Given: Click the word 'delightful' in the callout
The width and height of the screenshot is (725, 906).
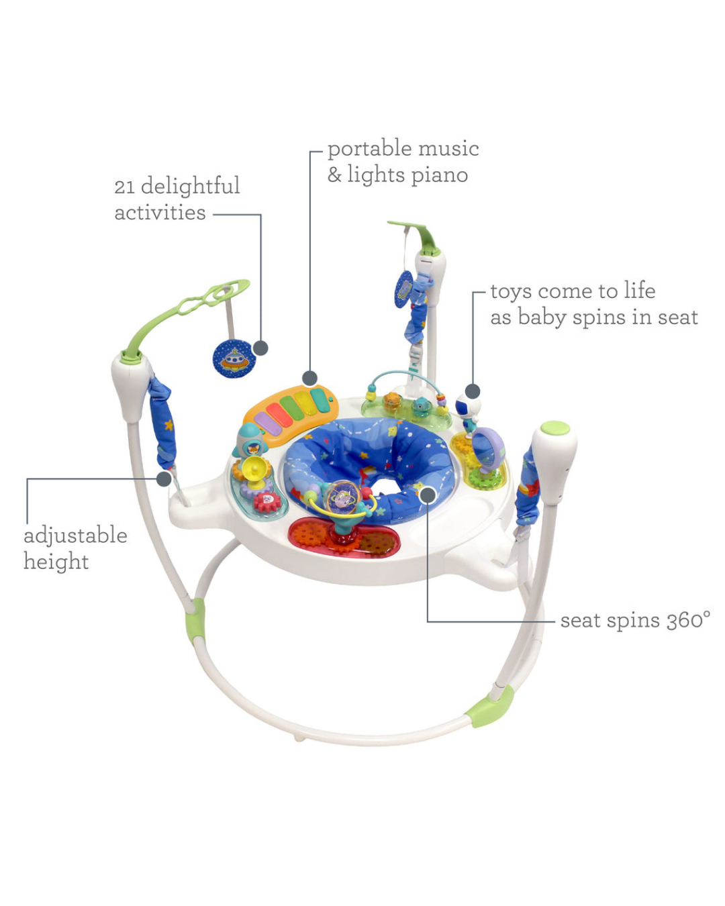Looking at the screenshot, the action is (190, 186).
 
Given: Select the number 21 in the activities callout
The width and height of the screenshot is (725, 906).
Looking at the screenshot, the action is (124, 187).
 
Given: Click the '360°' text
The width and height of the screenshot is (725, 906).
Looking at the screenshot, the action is (687, 621).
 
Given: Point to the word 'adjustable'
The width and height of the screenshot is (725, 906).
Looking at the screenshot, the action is (75, 537).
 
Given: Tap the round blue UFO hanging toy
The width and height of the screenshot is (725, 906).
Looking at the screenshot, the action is (234, 358).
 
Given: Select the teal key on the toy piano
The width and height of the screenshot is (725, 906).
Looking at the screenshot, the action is (320, 401).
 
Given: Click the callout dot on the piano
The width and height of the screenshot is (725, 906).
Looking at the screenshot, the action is (309, 378).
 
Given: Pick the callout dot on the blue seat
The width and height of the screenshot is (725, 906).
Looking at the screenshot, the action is (428, 495).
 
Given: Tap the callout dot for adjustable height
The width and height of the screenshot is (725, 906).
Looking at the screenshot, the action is (164, 479).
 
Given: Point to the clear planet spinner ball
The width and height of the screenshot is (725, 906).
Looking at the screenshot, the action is (344, 498).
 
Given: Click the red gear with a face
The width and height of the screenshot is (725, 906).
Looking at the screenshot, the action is (267, 501).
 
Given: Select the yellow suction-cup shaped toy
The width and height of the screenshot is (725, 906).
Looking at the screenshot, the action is (254, 470).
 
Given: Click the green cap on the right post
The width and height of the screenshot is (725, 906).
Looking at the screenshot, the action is (554, 428).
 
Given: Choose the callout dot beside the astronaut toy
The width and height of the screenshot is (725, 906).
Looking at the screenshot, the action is (473, 391).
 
